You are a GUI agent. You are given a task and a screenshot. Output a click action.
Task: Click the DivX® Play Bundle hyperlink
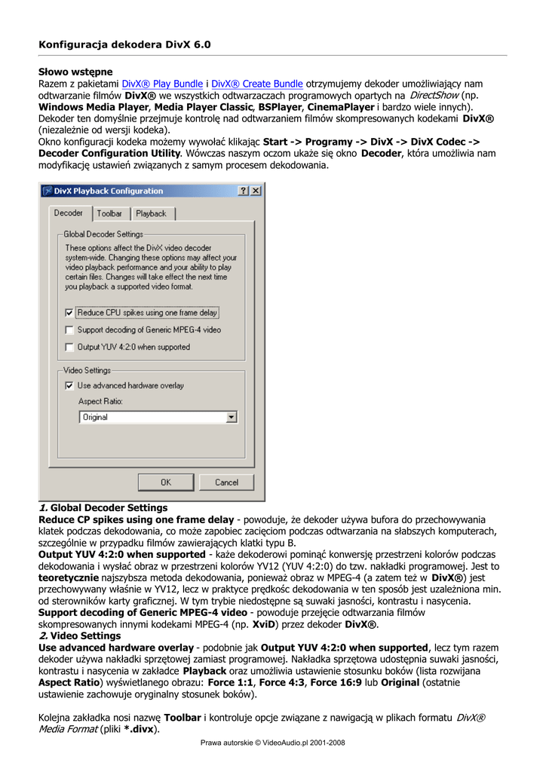click(162, 84)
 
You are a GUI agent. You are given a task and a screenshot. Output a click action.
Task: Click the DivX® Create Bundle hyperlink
click(257, 84)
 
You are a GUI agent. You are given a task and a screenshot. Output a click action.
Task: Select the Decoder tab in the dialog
click(69, 213)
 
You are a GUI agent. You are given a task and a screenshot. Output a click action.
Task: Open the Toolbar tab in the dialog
click(109, 214)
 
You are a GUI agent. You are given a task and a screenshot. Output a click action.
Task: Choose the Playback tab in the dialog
click(151, 214)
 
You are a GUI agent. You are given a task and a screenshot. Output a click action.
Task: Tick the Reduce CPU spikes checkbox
click(69, 313)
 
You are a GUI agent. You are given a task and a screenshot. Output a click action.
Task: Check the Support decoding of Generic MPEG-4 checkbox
click(69, 330)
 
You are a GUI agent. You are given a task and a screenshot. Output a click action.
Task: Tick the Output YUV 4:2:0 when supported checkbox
click(69, 348)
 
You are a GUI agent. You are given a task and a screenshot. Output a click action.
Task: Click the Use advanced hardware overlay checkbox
click(69, 386)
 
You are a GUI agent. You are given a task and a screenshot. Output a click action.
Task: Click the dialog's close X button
click(256, 191)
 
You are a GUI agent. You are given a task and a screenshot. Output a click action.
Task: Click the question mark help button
click(244, 191)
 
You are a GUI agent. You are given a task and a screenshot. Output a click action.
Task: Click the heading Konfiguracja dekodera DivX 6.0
click(124, 44)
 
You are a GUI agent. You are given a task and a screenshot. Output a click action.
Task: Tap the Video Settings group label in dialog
click(87, 371)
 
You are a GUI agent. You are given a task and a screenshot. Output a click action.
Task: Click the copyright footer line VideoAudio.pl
click(272, 743)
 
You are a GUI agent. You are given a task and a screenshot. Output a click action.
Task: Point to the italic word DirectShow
click(434, 96)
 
